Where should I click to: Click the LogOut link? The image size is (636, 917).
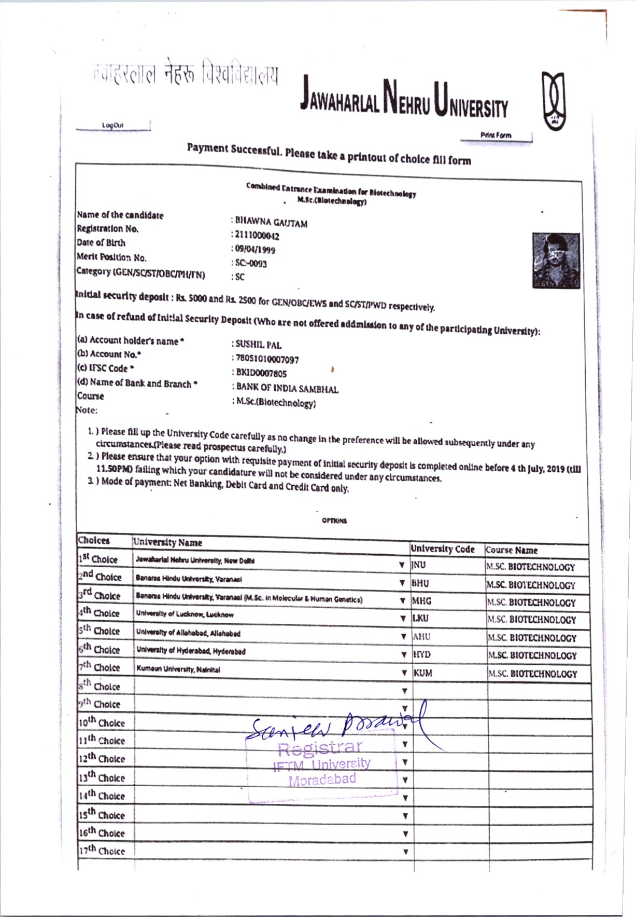tap(112, 125)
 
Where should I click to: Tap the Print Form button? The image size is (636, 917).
tap(496, 135)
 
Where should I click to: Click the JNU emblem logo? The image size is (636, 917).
tap(554, 101)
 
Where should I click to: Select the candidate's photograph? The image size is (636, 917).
tap(556, 261)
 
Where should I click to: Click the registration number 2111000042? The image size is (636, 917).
tap(257, 237)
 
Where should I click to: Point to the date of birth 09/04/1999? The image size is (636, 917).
tap(255, 250)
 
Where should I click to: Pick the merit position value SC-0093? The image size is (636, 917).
tap(251, 264)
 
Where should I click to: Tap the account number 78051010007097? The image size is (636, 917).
tap(267, 359)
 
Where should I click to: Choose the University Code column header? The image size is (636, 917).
tap(442, 549)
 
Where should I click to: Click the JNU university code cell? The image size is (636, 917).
tap(419, 565)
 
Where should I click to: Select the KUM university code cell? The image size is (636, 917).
tap(423, 673)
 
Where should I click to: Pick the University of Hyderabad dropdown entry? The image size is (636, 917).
tap(191, 651)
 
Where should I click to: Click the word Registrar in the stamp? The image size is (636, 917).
tap(320, 748)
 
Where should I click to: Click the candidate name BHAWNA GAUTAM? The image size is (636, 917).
tap(271, 223)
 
